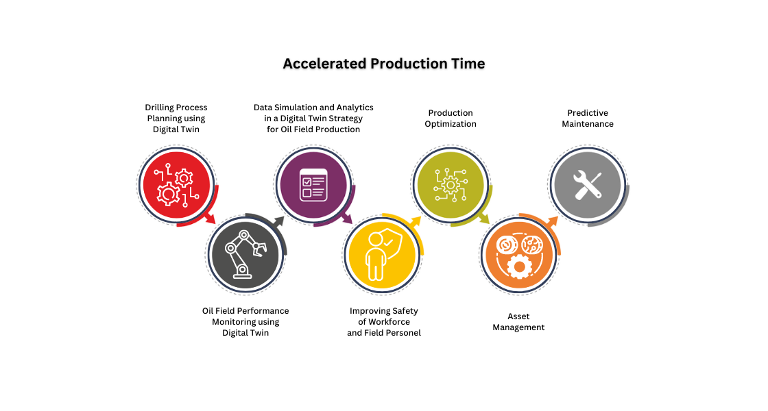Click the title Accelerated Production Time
384,64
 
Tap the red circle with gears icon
176,186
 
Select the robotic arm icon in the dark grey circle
245,254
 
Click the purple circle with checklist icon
313,186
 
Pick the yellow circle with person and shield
382,254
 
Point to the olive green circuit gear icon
451,186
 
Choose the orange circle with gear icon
519,254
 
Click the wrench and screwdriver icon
588,185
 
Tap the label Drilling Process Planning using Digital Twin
176,119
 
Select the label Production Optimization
451,119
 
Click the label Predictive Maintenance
588,119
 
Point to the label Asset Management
518,322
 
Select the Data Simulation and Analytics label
313,107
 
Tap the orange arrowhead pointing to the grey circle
553,221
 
